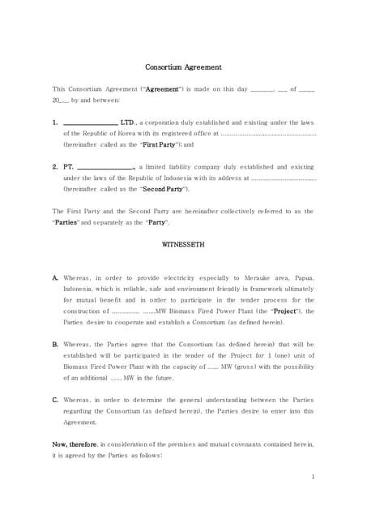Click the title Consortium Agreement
[x=183, y=67]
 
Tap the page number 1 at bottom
[x=313, y=477]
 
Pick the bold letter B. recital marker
[x=55, y=344]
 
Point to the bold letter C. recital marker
[x=55, y=400]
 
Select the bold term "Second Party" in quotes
[x=164, y=189]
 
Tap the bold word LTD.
[x=128, y=122]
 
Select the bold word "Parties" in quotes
[x=70, y=222]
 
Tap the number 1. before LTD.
[x=54, y=122]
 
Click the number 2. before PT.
[x=54, y=167]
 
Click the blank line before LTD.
[x=90, y=123]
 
